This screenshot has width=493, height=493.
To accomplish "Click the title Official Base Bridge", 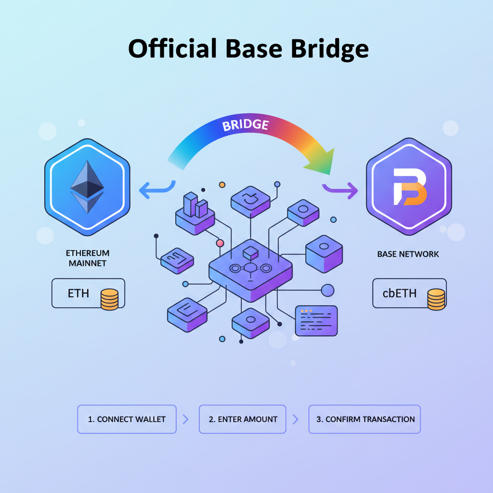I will (248, 49).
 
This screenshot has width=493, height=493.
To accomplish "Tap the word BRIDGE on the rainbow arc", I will (246, 125).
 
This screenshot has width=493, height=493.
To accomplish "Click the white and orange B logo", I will (409, 187).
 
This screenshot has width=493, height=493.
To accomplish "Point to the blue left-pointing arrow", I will (155, 190).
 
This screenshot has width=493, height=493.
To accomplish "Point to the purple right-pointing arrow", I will (341, 190).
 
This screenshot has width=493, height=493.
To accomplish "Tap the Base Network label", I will (408, 254).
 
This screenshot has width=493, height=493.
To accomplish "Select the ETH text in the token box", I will (78, 293).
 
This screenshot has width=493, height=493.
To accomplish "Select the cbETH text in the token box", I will (399, 293).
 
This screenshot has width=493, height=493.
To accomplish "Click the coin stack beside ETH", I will (109, 299).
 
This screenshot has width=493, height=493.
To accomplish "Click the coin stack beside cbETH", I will (436, 299).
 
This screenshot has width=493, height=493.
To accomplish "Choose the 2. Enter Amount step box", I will (243, 419).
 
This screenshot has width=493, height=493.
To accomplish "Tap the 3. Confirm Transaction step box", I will (365, 419).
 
